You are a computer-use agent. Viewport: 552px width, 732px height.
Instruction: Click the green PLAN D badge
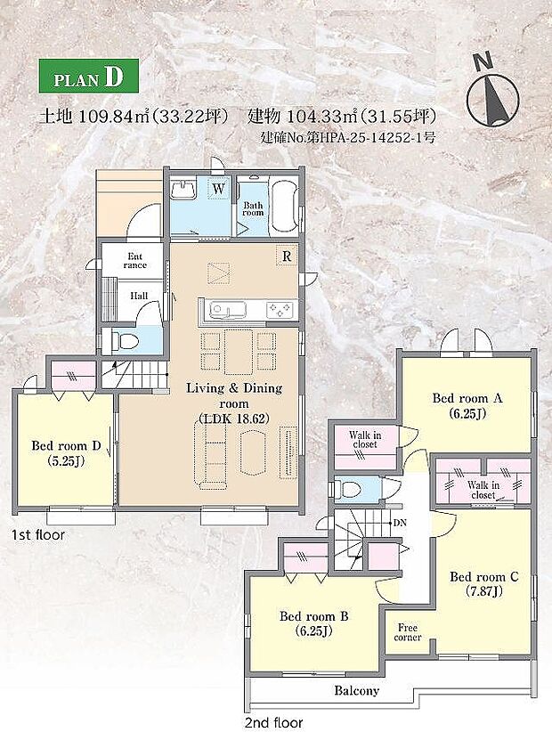[x=88, y=77]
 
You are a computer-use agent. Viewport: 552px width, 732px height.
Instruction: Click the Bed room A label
[x=467, y=405]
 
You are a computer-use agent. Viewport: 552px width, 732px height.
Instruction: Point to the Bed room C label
[x=483, y=582]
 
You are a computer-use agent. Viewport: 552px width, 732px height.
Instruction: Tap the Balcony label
[x=357, y=690]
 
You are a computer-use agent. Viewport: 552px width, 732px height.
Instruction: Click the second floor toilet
[x=350, y=489]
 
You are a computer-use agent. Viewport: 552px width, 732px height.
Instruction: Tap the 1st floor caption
[x=37, y=535]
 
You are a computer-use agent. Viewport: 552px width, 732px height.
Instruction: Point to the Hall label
[x=141, y=296]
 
